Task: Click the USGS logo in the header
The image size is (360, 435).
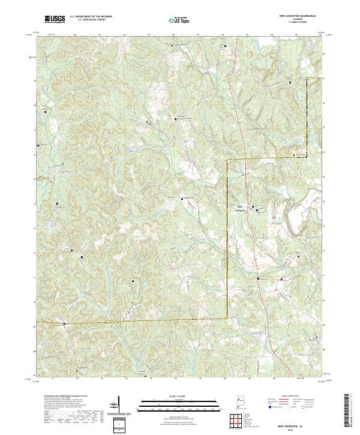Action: tap(55, 19)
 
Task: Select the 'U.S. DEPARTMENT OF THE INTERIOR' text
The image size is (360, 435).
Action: tap(90, 17)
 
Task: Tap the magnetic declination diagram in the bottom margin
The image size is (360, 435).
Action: tap(118, 404)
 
